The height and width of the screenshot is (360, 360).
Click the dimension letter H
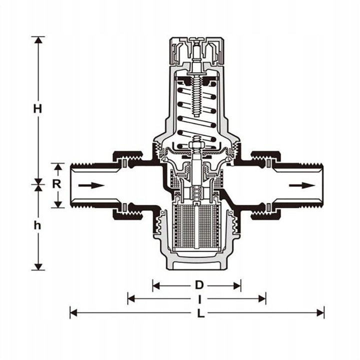point(38,108)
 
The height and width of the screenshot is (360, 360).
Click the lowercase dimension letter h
point(37,225)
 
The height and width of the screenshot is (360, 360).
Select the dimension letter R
point(56,183)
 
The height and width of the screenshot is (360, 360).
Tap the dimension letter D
point(199,285)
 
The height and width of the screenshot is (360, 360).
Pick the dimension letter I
point(200,299)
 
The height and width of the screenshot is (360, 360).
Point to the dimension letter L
point(201,313)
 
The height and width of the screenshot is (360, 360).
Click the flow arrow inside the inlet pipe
point(91,185)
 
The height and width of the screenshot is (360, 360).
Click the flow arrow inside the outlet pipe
point(302,185)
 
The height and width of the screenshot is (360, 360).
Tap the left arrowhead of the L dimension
point(73,313)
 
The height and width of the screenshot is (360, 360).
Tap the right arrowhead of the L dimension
point(320,313)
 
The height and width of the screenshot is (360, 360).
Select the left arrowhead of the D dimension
point(156,286)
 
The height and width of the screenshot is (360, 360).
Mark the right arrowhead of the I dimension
point(262,299)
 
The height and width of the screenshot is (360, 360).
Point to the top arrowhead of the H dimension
point(38,39)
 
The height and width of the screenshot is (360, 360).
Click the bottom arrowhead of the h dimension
point(38,267)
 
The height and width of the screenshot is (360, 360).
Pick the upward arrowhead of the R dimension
point(58,166)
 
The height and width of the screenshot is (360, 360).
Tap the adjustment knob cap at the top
point(196,51)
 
